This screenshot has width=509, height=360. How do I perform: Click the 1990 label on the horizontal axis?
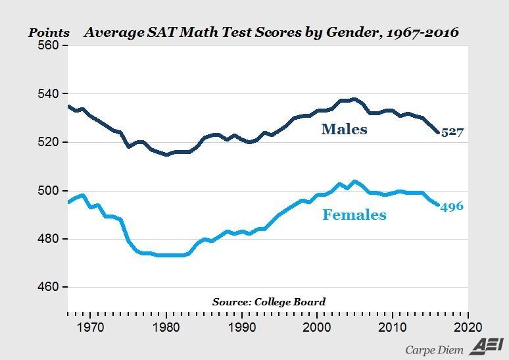[242, 327]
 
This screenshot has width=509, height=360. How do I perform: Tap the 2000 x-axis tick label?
[317, 327]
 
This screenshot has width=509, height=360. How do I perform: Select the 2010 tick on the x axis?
[393, 327]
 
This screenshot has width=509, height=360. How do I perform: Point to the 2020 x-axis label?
[468, 327]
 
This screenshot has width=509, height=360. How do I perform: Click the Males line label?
[344, 130]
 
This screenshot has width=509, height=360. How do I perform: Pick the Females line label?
[354, 215]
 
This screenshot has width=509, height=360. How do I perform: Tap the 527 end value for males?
[452, 132]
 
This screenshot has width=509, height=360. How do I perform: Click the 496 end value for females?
[452, 207]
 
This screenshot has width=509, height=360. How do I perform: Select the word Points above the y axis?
[48, 32]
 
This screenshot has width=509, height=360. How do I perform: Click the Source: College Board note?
[268, 301]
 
